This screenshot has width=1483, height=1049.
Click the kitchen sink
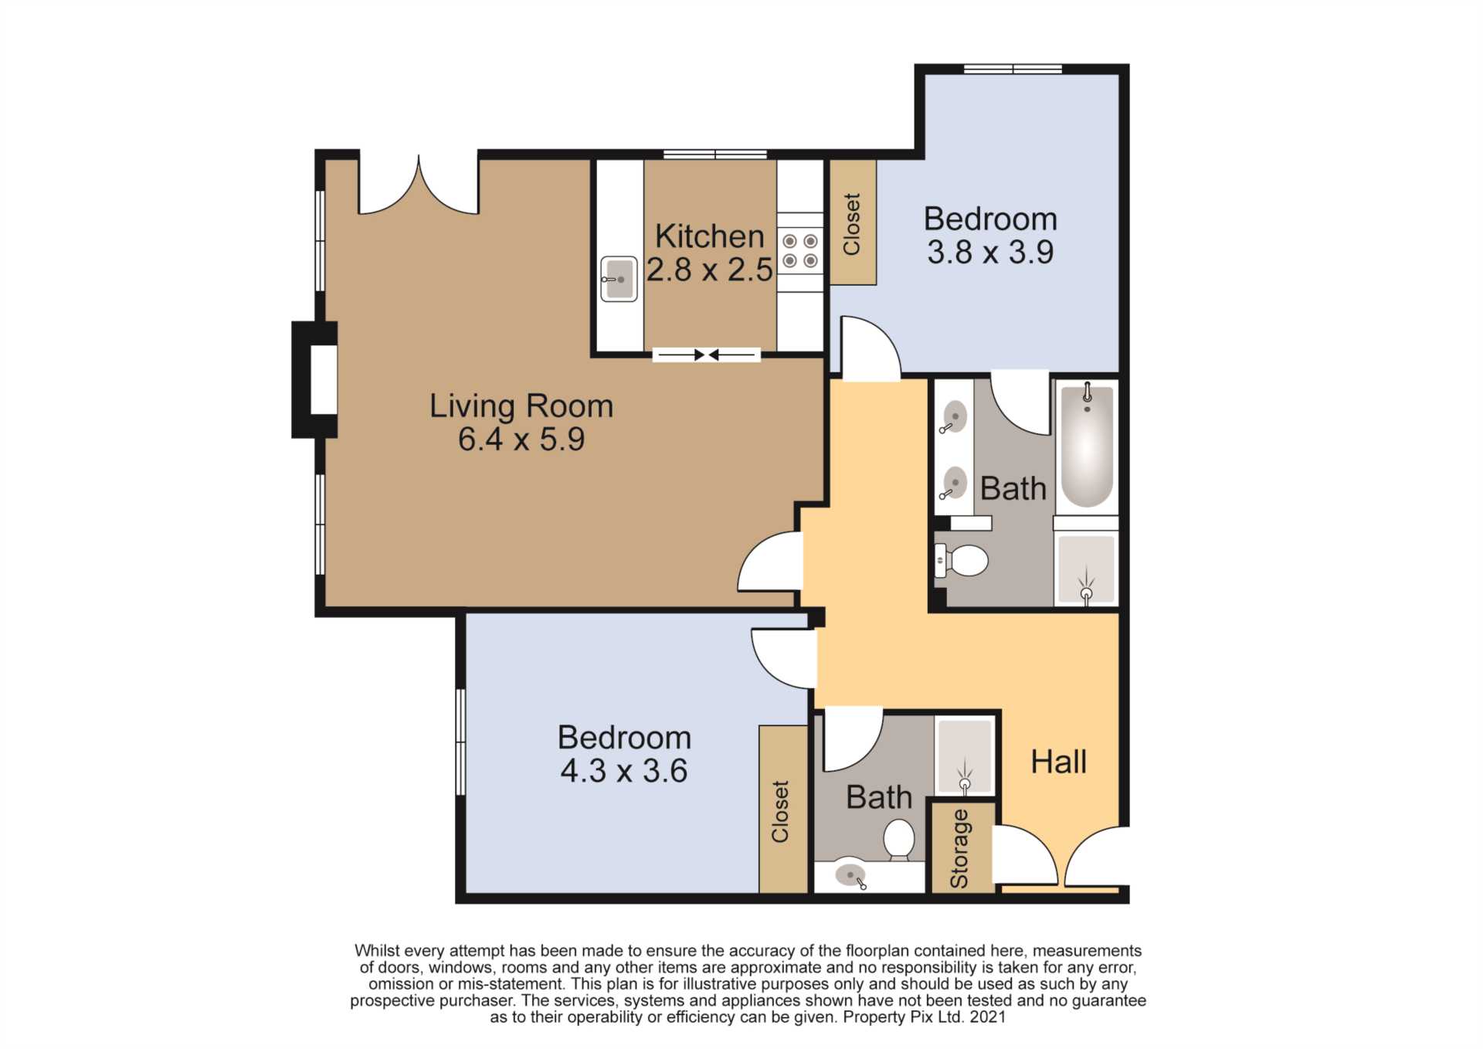(619, 279)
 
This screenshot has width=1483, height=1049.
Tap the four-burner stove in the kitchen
(799, 250)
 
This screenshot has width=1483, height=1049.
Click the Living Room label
(521, 406)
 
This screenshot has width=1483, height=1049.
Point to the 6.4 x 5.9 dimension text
(521, 440)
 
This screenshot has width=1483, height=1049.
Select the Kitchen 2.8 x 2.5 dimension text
(710, 270)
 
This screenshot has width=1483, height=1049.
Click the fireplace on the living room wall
(314, 379)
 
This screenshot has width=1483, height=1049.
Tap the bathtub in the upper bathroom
(1087, 445)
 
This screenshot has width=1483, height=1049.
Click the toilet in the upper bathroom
(962, 560)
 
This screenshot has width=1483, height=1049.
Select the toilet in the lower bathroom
(898, 840)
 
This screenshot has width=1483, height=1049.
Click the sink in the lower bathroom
(850, 876)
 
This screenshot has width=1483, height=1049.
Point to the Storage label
(959, 848)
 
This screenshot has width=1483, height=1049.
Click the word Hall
(1059, 762)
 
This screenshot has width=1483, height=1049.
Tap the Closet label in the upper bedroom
(851, 224)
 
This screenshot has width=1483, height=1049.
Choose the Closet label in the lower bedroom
(780, 811)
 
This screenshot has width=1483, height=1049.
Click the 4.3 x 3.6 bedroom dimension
(624, 771)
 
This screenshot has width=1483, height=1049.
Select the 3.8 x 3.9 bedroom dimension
(990, 253)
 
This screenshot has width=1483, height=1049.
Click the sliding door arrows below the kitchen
(707, 355)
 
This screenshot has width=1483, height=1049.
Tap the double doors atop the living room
(419, 185)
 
